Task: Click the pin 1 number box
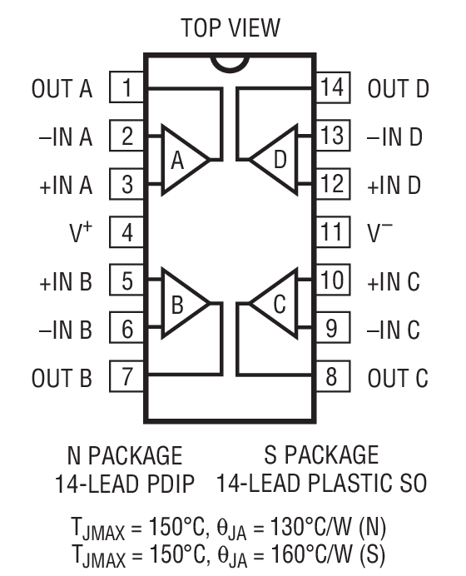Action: click(127, 88)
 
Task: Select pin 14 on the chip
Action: click(331, 88)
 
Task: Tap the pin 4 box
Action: click(127, 232)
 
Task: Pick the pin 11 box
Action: click(331, 232)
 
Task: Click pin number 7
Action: click(127, 377)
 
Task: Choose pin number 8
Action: click(331, 377)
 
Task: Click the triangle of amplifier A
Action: click(181, 160)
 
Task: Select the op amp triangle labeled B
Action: click(181, 304)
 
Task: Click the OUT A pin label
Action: click(63, 89)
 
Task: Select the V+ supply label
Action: click(79, 232)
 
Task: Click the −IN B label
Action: click(63, 330)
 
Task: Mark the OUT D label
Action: click(399, 89)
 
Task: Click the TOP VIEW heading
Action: click(231, 27)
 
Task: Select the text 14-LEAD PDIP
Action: click(125, 482)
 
